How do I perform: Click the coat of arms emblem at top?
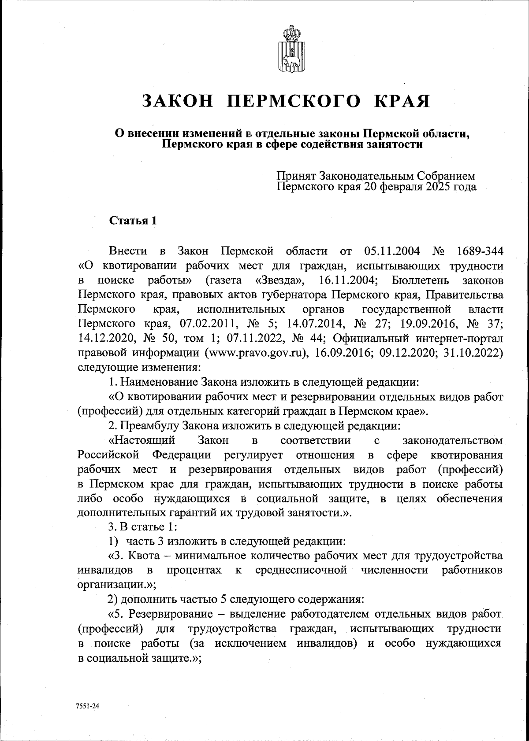coord(289,49)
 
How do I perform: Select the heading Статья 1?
coord(133,221)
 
